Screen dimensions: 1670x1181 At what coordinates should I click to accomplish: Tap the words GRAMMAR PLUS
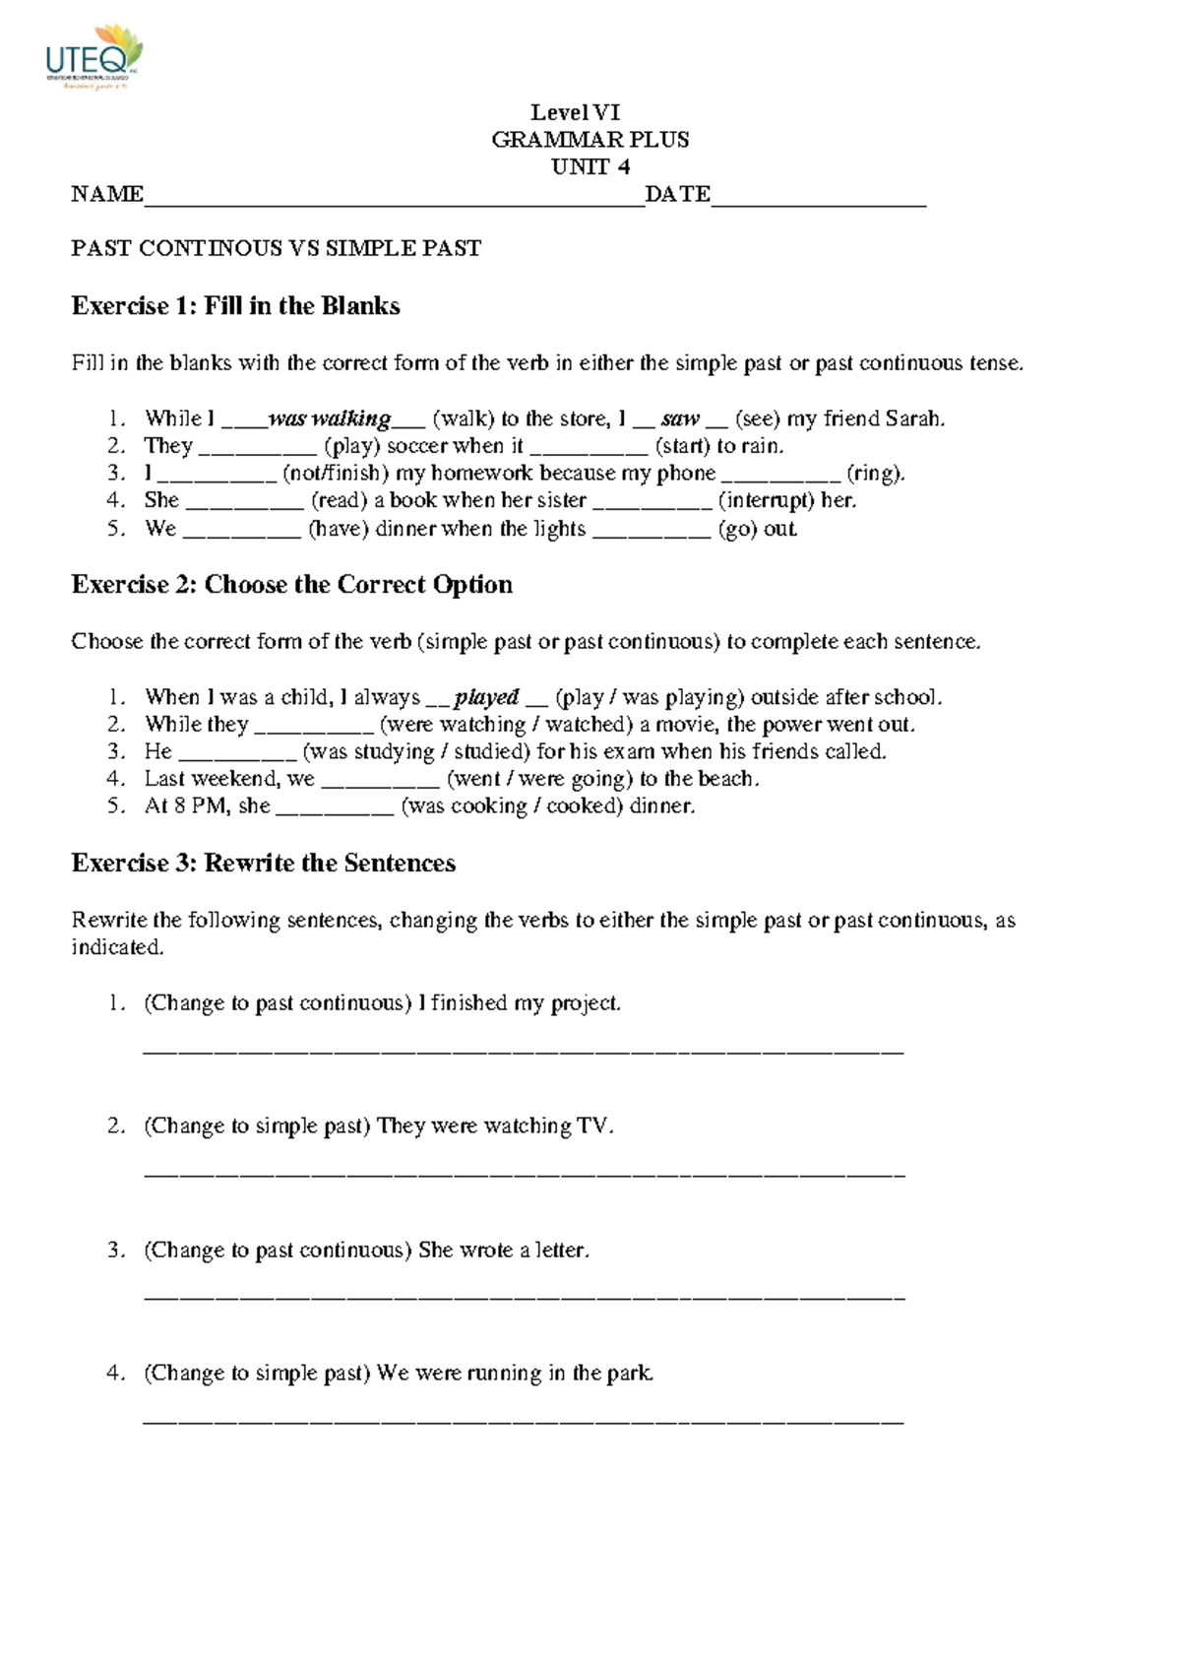coord(590,140)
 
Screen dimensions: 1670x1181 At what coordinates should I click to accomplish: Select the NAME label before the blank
coord(106,194)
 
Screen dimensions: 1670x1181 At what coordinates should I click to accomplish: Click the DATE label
coord(677,194)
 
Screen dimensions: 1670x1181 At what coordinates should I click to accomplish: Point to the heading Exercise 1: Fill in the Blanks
coord(235,306)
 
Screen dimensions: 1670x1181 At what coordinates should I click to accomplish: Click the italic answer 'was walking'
coord(330,419)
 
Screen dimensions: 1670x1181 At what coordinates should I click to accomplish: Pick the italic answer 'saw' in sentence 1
coord(680,419)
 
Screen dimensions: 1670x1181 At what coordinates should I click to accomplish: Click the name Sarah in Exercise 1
coord(914,419)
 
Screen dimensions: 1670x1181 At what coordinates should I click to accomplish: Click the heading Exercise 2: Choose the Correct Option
coord(291,585)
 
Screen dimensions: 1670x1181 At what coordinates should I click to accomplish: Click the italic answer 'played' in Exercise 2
coord(486,698)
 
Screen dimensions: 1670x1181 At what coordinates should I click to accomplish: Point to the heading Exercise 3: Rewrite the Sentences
coord(263,864)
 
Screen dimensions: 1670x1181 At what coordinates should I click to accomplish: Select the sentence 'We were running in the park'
coord(514,1373)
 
